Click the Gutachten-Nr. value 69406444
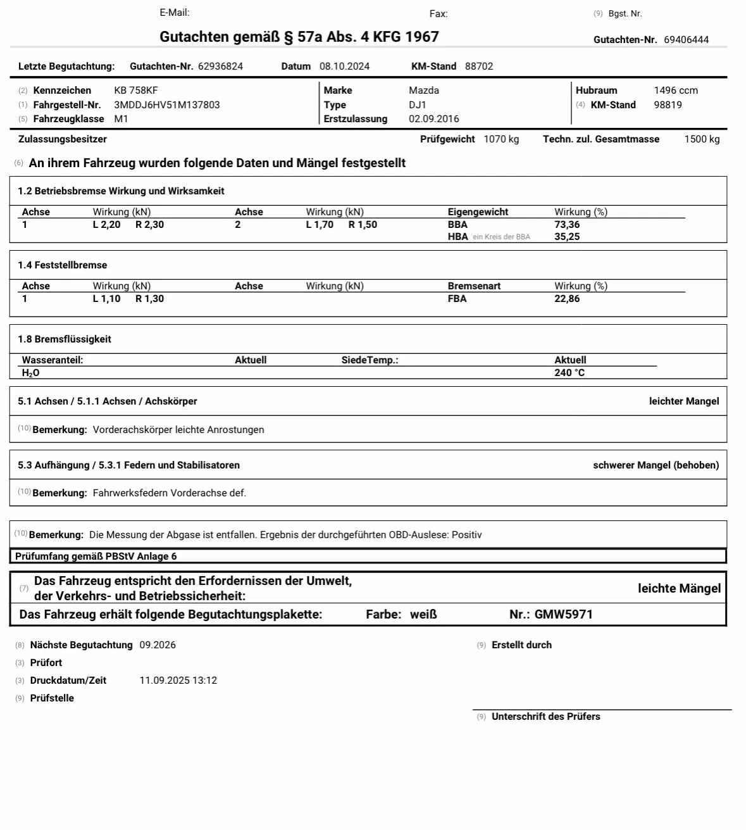coord(686,40)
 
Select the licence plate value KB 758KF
coord(136,91)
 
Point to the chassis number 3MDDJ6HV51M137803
coord(167,105)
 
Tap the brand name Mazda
coord(424,91)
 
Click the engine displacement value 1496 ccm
coord(676,91)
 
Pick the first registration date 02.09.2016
coord(434,119)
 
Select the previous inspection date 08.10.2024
coord(344,66)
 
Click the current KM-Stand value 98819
coord(668,105)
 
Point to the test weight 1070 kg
coord(501,139)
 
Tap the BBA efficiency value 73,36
coord(567,225)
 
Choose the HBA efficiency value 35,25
coord(567,237)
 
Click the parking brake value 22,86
coord(567,299)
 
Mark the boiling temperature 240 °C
coord(569,373)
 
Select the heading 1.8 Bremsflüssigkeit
coord(65,339)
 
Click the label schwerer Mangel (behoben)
coord(656,465)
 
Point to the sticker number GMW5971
coord(564,614)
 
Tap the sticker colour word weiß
coord(423,614)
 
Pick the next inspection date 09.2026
coord(158,645)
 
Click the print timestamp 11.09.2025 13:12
coord(178,681)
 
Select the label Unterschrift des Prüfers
coord(545,717)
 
